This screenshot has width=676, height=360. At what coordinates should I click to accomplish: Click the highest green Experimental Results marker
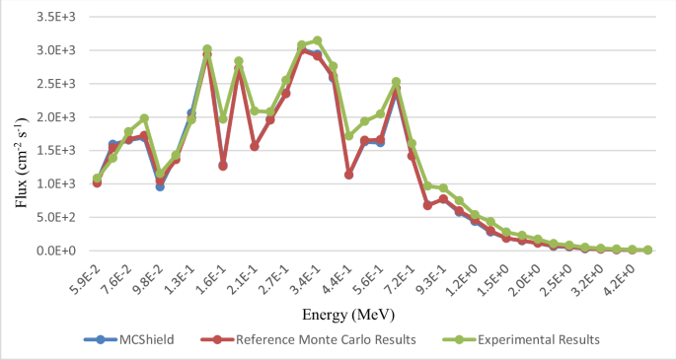coord(317,40)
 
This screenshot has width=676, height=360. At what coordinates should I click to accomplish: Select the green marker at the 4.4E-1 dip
coord(348,136)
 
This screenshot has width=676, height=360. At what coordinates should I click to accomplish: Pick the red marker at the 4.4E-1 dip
coord(348,175)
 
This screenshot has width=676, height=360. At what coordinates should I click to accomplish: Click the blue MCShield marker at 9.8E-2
coord(160,186)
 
